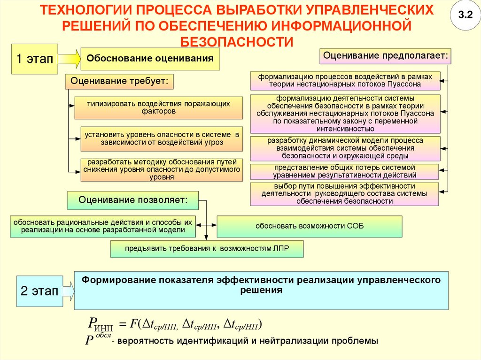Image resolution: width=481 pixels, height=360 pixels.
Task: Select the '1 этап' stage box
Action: point(34,59)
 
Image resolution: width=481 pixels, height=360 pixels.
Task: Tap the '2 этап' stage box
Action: point(39,291)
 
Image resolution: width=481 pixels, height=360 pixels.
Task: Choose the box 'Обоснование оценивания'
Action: point(150,59)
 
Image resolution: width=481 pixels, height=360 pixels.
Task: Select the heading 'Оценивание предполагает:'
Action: point(385,56)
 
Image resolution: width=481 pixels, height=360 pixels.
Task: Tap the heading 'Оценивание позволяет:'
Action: point(133,200)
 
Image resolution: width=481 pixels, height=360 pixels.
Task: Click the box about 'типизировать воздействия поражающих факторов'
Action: point(158,107)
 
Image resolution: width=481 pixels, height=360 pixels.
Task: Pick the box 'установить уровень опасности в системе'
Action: point(162,138)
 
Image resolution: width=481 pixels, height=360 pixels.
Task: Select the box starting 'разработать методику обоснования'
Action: point(162,169)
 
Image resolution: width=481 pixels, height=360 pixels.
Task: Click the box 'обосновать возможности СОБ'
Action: point(309,226)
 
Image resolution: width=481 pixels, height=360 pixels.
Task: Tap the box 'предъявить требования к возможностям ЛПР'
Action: point(207,249)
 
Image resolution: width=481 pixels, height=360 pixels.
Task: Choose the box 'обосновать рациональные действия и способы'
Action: point(103,226)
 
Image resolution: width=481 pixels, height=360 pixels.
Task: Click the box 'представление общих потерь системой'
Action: point(344,171)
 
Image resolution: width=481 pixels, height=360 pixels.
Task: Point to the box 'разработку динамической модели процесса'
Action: point(345,148)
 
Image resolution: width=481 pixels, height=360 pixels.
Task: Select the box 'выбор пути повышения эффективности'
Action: point(344,194)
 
